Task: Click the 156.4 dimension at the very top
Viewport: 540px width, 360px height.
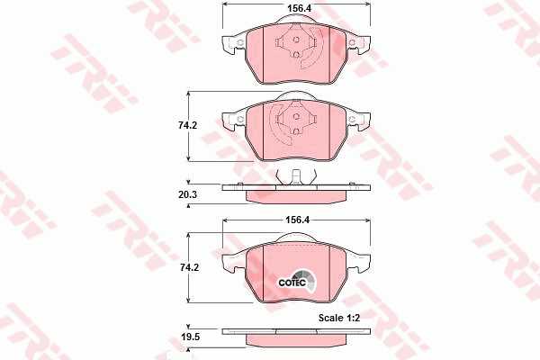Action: pos(299,8)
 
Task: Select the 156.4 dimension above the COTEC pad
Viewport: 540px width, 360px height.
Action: pos(298,220)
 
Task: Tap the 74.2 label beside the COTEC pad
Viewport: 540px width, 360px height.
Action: pos(189,267)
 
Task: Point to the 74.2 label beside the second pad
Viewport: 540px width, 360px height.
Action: pos(188,126)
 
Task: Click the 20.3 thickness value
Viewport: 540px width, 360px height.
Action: pos(188,194)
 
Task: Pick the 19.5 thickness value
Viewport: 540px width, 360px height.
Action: pos(191,337)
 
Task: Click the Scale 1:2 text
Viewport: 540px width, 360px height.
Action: pos(339,318)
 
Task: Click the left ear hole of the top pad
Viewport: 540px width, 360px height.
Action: pos(240,42)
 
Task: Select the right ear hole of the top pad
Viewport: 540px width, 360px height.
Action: pos(352,42)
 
